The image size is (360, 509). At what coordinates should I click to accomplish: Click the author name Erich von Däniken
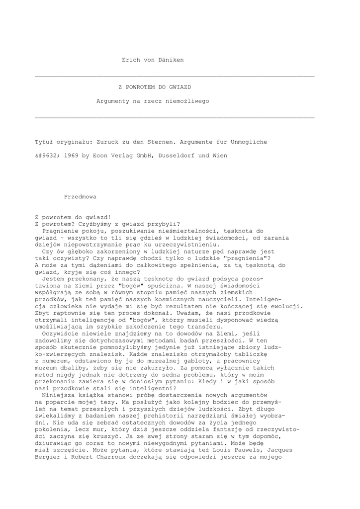point(153,60)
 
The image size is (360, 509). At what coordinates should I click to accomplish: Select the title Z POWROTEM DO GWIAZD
point(154,86)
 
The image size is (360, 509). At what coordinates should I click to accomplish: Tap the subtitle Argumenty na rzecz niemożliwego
point(153,101)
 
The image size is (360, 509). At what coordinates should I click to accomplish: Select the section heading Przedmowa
point(81,196)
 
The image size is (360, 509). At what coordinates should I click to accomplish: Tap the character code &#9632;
point(48,156)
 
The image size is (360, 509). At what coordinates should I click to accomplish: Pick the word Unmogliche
point(249,142)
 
